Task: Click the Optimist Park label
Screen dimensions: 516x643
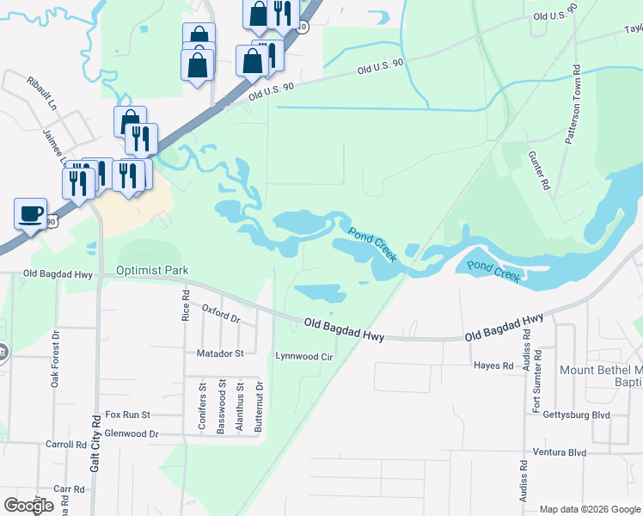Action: (152, 270)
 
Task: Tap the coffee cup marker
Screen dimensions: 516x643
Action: (31, 214)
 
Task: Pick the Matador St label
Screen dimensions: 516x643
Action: (223, 353)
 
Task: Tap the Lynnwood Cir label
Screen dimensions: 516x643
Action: (303, 355)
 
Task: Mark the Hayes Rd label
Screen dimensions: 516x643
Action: (493, 365)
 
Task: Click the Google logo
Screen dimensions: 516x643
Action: (28, 505)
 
